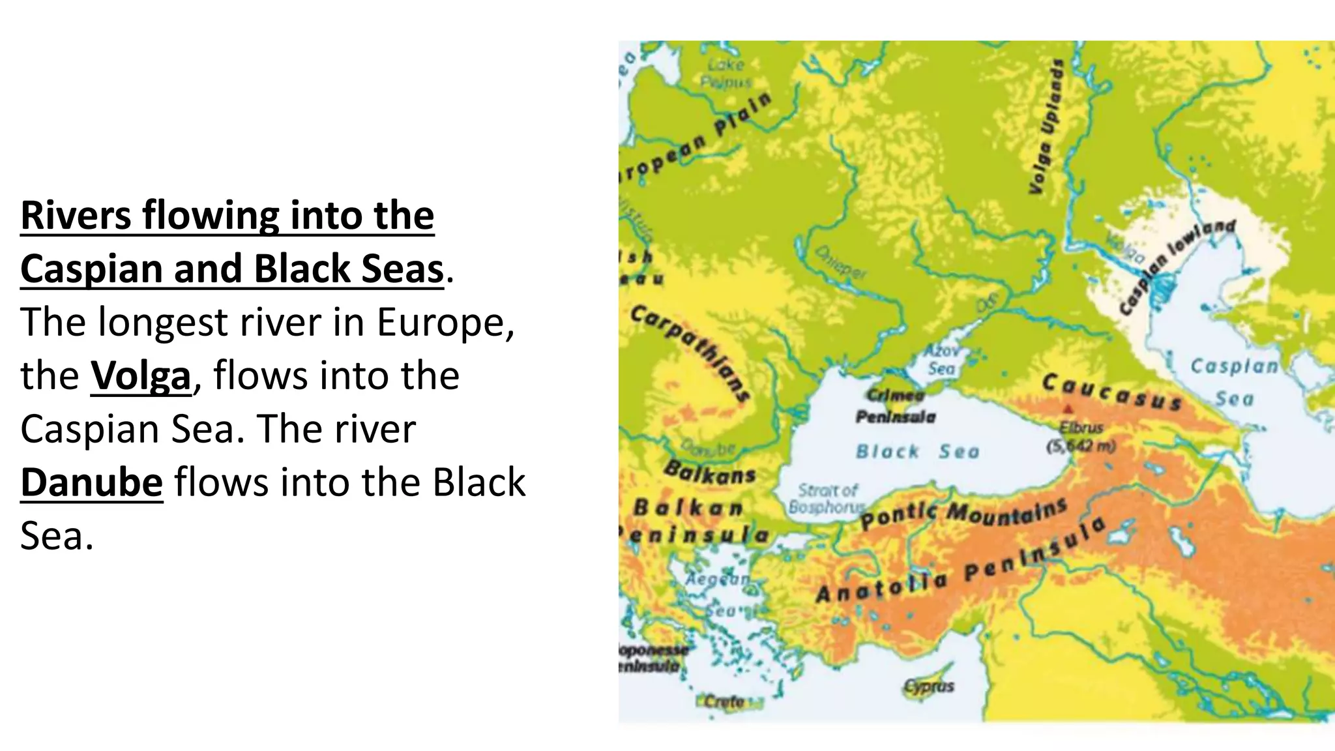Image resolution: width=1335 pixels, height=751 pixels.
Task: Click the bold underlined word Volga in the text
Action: point(141,376)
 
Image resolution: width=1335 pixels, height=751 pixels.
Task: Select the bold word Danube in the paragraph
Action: point(91,482)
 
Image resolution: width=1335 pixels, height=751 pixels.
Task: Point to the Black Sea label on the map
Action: point(917,451)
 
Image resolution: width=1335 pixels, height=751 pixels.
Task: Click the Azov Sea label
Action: point(941,360)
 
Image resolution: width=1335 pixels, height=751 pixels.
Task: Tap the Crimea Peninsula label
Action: point(895,406)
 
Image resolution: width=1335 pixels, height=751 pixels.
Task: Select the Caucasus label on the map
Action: point(1111,391)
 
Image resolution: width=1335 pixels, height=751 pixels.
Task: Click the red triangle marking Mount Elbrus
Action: point(1068,409)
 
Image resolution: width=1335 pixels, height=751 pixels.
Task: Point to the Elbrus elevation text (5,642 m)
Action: point(1081,447)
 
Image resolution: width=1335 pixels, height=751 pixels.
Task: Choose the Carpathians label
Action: point(690,352)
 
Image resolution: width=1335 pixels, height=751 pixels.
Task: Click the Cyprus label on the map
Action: point(929,686)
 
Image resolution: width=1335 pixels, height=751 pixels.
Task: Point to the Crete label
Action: point(724,701)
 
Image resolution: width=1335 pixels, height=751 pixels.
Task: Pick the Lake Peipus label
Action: point(726,73)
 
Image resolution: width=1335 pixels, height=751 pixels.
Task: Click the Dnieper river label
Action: point(841,262)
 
